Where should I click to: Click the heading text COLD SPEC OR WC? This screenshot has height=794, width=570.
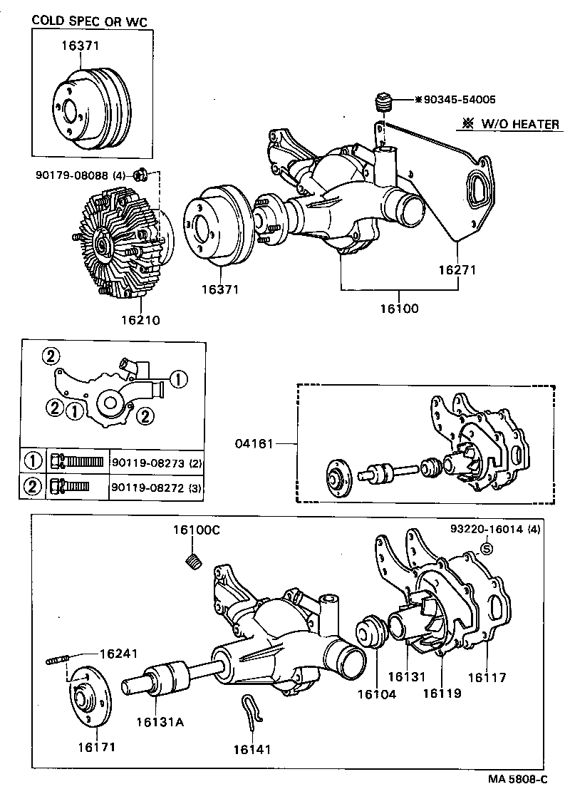pyautogui.click(x=90, y=22)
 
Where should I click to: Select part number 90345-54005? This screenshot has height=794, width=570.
pyautogui.click(x=460, y=100)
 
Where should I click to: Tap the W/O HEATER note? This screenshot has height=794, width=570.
pyautogui.click(x=510, y=124)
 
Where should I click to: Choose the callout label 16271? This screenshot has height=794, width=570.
pyautogui.click(x=457, y=271)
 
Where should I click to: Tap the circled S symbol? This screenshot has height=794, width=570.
pyautogui.click(x=487, y=548)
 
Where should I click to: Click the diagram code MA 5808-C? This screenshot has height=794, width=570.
pyautogui.click(x=519, y=780)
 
